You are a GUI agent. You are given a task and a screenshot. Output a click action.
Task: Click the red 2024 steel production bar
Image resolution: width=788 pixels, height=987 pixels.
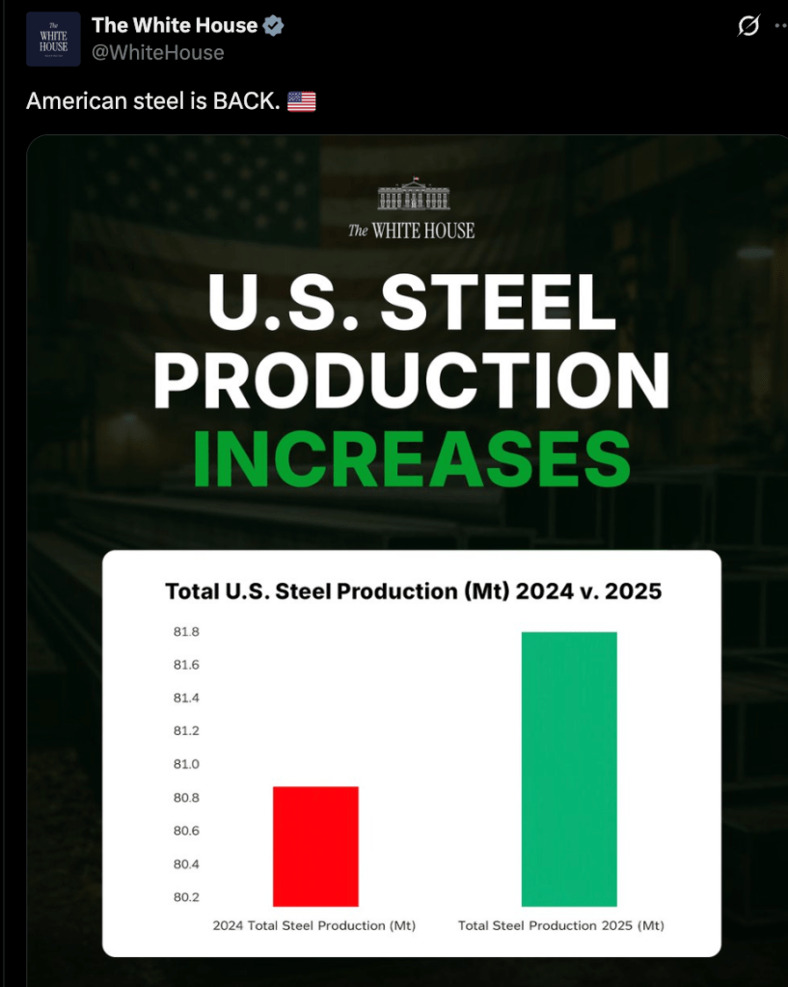click(315, 846)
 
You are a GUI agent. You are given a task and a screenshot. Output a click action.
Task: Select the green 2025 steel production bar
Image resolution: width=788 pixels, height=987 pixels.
click(568, 769)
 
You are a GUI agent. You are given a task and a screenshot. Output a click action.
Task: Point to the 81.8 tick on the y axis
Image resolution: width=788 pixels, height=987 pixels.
click(186, 633)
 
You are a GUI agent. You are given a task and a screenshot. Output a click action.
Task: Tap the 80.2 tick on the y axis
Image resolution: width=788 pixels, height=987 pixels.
click(186, 897)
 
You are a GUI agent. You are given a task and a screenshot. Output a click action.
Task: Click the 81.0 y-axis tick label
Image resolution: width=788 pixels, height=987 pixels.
click(186, 765)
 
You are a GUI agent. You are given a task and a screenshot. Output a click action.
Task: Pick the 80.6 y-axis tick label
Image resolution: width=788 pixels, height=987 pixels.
click(186, 832)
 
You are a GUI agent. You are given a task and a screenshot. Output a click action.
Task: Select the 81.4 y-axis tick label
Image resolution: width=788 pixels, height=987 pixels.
click(186, 699)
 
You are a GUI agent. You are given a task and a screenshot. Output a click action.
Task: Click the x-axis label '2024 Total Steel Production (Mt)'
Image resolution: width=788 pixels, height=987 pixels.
click(314, 926)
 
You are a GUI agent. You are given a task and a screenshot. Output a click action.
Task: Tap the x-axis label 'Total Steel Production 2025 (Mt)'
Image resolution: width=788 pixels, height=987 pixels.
click(561, 926)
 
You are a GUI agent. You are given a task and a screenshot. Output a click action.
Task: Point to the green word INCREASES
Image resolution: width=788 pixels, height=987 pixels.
click(412, 459)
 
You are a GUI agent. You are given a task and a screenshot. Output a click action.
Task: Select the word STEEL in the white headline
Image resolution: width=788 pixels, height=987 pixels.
click(499, 303)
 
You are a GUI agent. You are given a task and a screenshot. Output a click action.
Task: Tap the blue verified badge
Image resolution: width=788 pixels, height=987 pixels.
click(274, 27)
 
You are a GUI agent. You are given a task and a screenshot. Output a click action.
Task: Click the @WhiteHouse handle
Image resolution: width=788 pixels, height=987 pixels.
click(157, 52)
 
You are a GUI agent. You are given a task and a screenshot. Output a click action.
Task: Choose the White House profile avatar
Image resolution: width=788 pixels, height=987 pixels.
click(53, 40)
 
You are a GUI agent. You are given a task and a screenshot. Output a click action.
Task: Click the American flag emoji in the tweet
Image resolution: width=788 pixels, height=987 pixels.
click(301, 101)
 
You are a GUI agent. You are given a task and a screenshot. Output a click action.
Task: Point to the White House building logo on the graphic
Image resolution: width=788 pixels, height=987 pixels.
click(412, 193)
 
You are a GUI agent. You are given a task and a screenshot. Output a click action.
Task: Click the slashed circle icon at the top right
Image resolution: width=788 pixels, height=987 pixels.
click(747, 27)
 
